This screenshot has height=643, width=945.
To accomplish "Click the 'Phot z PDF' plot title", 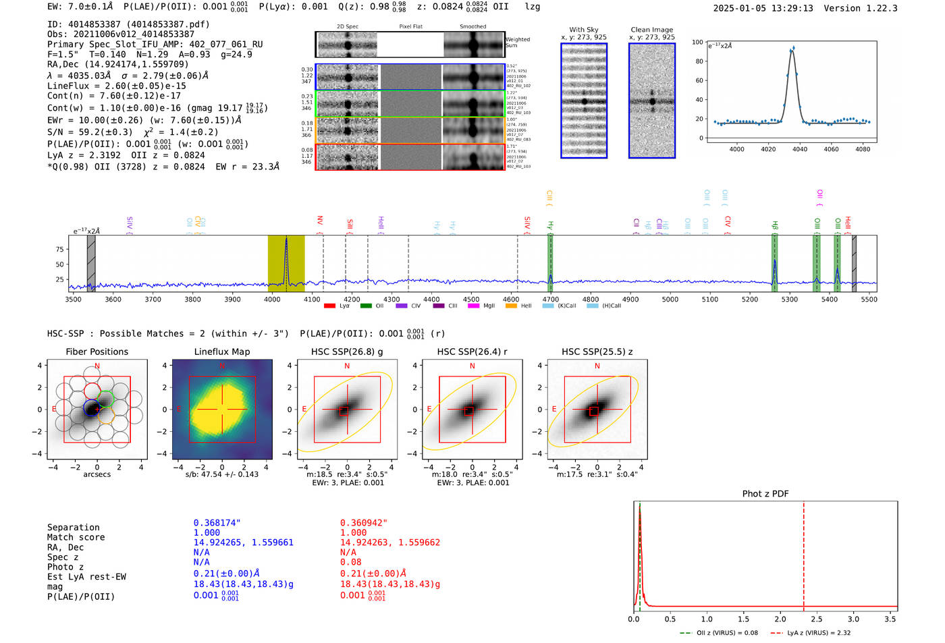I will tap(765, 494).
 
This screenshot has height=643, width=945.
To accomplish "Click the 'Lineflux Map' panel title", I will tap(221, 352).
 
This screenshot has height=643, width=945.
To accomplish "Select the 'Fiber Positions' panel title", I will tap(97, 352).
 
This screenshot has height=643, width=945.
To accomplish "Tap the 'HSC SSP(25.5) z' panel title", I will tap(597, 352).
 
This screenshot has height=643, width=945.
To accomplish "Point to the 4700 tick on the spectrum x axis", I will tap(551, 300).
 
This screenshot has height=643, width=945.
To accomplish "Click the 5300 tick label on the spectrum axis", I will tap(789, 300).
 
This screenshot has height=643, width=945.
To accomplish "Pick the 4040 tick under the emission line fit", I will tap(800, 149).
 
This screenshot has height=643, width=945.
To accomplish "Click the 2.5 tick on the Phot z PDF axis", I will tap(817, 619).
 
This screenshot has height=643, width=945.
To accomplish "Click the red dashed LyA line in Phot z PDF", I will tap(803, 553).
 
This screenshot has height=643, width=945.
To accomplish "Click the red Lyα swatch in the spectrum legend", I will tap(329, 306).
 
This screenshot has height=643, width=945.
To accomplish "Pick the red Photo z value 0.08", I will tap(350, 562).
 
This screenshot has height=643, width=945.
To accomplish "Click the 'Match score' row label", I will tap(76, 538).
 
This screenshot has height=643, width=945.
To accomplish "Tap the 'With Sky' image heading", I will tap(583, 30).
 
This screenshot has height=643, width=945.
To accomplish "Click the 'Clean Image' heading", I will tap(651, 30).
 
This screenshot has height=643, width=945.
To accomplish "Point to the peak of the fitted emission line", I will tap(792, 49).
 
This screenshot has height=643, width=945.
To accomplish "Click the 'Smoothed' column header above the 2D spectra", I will tap(473, 27).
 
